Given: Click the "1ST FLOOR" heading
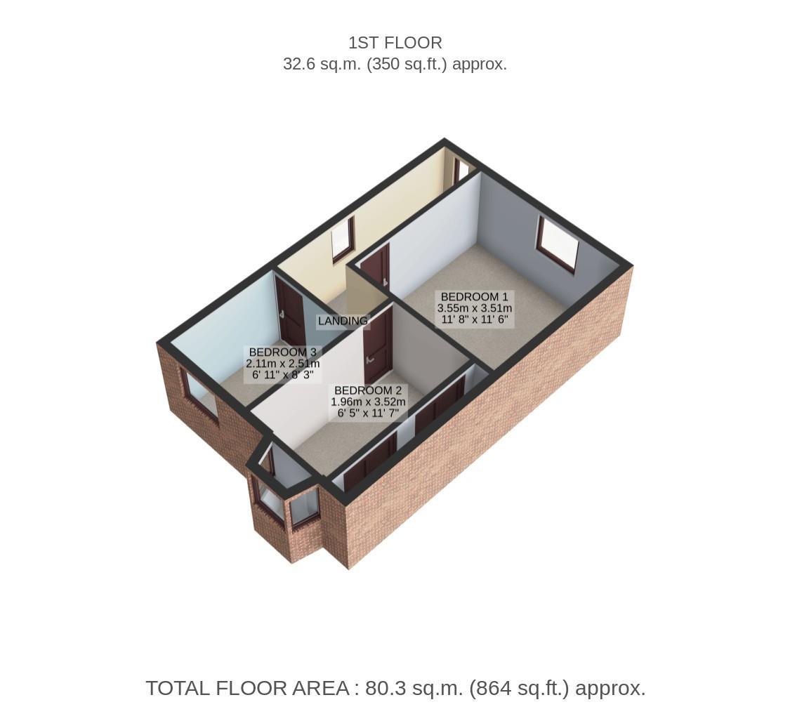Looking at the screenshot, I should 395,43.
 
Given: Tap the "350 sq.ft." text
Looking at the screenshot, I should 412,64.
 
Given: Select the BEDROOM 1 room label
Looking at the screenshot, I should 474,297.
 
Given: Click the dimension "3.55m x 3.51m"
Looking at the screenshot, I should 474,308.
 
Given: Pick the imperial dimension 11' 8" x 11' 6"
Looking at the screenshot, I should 474,319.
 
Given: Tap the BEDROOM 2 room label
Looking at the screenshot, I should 368,390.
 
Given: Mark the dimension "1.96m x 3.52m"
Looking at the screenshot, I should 368,402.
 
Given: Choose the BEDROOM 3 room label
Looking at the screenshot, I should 282,352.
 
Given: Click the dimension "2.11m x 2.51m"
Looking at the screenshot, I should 282,364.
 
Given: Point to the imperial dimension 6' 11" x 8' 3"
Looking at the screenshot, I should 282,375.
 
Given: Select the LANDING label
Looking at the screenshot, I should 343,321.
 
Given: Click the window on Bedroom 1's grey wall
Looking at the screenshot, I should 558,244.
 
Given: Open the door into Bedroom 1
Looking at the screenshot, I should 375,268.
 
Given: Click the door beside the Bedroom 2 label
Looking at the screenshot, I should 378,345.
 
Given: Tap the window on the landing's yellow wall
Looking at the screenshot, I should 343,239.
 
